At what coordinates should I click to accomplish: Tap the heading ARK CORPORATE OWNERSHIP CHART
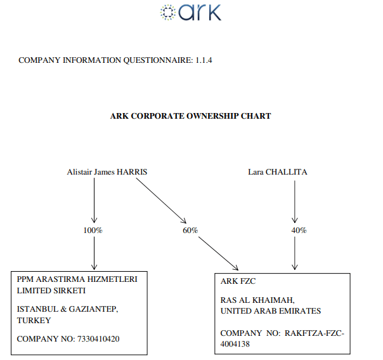[190, 116]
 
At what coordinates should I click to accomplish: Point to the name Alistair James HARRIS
[107, 171]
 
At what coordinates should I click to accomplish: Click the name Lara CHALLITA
[278, 171]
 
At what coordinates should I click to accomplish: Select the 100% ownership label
[93, 230]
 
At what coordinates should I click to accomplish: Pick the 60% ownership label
[190, 230]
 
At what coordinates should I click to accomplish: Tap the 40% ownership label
[299, 230]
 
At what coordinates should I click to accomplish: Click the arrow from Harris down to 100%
[94, 200]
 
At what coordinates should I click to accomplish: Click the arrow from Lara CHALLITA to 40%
[294, 200]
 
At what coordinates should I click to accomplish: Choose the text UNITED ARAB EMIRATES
[270, 311]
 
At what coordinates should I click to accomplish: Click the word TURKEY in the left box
[34, 320]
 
